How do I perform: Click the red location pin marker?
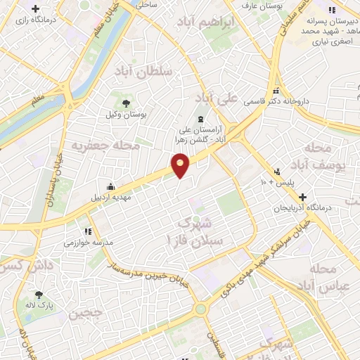click(x=181, y=165)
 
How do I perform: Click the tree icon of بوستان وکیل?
click(x=126, y=103)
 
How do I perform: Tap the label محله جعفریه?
click(x=97, y=146)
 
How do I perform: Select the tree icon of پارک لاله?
click(x=39, y=295)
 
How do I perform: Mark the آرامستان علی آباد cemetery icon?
click(x=201, y=119)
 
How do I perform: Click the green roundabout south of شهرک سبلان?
click(x=202, y=309)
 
